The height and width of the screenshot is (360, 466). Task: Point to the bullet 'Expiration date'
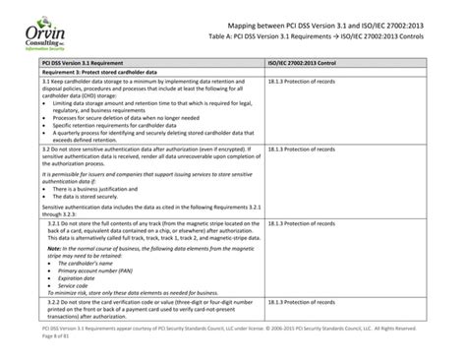pos(63,307)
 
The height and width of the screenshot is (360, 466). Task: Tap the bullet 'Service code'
pos(59,314)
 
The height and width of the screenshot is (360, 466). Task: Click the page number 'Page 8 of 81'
pos(29,353)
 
